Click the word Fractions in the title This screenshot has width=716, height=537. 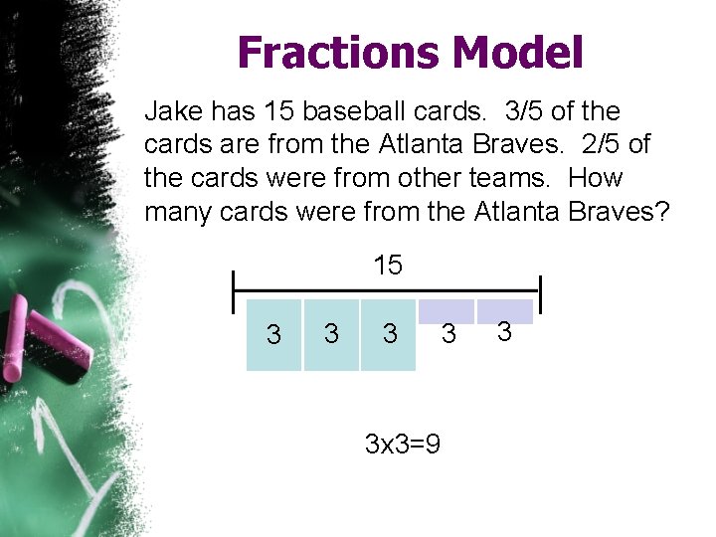323,53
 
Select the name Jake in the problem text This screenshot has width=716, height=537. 171,109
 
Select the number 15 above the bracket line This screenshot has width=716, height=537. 388,265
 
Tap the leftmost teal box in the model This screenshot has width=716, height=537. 273,335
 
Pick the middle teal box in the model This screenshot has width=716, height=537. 331,335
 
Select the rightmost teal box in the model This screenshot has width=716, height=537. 388,335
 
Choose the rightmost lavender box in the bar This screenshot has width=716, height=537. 504,311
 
